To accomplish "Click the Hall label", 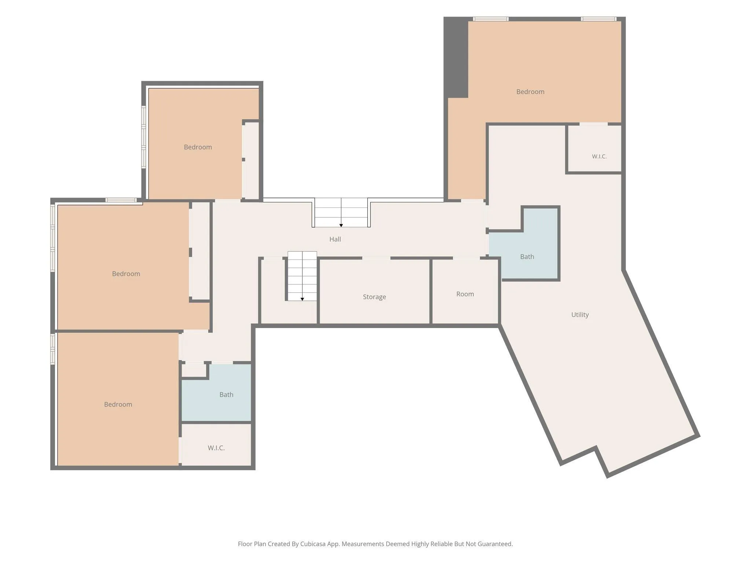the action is (x=335, y=239).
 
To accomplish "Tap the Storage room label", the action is (x=374, y=297).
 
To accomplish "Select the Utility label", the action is (x=580, y=314).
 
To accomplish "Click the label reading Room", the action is (x=465, y=294).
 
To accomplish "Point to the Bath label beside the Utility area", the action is (x=527, y=257).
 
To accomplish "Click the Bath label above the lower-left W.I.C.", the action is (x=226, y=394).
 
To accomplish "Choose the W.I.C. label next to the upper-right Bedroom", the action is (x=599, y=157).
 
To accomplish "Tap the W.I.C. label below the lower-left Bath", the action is (x=216, y=448).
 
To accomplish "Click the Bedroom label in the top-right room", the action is (x=530, y=92).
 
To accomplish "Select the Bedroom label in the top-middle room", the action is (x=198, y=147).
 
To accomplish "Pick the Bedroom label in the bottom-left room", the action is (x=118, y=404).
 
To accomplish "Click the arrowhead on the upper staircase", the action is (x=341, y=225).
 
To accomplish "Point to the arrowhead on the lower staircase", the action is (x=302, y=299).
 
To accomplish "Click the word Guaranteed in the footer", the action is (x=494, y=544).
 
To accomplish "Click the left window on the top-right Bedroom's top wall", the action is (x=491, y=19).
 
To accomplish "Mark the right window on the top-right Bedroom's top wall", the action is (x=598, y=19).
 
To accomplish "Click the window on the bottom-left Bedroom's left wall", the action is (x=52, y=349).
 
